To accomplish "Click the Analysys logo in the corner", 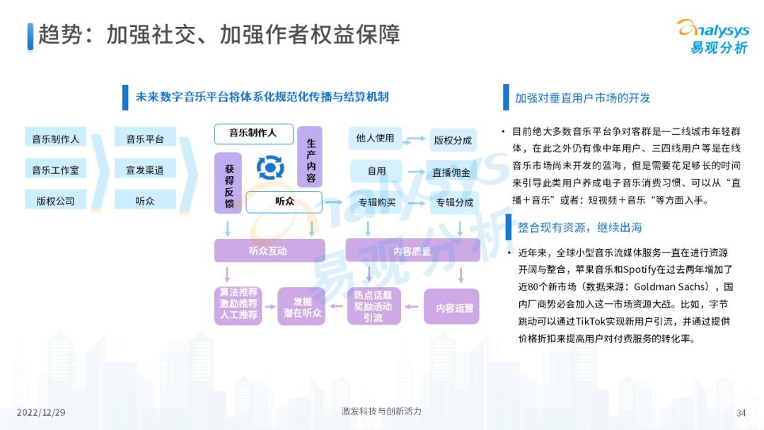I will (712, 37).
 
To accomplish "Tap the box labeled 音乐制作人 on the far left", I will (55, 139).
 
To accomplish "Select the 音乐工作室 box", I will (55, 170).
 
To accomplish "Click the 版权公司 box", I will (55, 201).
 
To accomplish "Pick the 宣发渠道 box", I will (145, 170).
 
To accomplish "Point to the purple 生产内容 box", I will (310, 157).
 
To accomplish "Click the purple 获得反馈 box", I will (228, 183).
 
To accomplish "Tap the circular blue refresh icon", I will (270, 167).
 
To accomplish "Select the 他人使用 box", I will (375, 139).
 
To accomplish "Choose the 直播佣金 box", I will (453, 171).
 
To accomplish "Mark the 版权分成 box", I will (453, 140).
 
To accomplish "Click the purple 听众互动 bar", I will (269, 250).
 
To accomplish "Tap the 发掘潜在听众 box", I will (301, 306).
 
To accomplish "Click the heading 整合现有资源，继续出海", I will (579, 227).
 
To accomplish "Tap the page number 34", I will (741, 413).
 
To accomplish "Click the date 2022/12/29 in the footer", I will (41, 412).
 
